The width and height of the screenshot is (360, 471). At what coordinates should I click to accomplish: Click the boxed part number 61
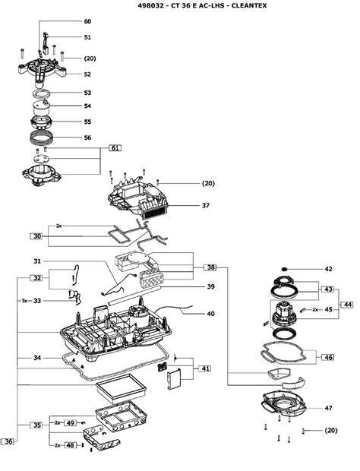click(115, 148)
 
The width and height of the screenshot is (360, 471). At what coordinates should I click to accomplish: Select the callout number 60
click(87, 21)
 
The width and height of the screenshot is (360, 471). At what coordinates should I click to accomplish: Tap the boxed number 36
click(8, 441)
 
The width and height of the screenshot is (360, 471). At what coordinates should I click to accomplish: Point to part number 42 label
click(328, 269)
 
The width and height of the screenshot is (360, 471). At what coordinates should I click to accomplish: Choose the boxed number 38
click(210, 267)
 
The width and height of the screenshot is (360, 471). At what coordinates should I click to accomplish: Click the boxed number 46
click(329, 358)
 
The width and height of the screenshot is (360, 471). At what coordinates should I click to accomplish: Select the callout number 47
click(328, 408)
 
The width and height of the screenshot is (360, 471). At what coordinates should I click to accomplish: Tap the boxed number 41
click(205, 368)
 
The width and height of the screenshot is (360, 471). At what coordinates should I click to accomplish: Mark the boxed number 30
click(36, 236)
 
